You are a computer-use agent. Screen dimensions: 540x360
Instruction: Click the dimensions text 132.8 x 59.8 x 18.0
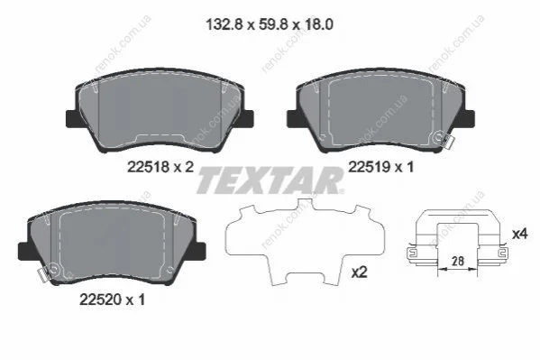[x=270, y=25]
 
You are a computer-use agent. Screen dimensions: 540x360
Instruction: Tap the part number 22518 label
[x=149, y=167]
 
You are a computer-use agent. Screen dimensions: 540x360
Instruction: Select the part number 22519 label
[x=370, y=167]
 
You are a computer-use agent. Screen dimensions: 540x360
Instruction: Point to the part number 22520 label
[x=101, y=300]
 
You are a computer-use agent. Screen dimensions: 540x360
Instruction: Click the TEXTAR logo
[x=270, y=180]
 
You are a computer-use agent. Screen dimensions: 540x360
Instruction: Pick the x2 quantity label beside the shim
[x=359, y=272]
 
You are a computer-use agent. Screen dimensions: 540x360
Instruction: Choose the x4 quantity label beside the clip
[x=519, y=235]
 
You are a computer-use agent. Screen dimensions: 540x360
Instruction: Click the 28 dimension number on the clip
[x=458, y=261]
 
